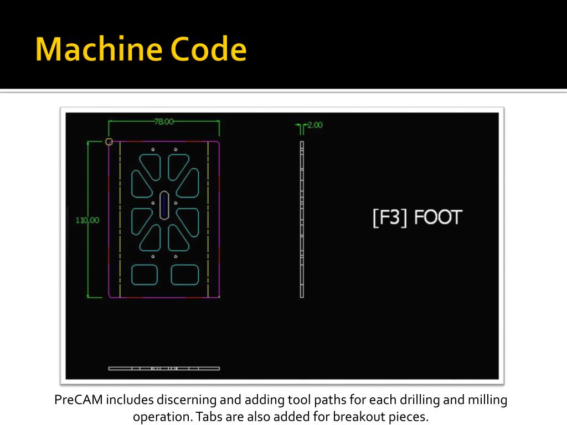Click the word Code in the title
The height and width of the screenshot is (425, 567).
[209, 50]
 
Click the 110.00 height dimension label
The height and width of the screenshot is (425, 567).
[87, 220]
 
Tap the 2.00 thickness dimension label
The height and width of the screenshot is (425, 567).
[314, 125]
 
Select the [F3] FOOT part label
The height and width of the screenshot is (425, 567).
[417, 217]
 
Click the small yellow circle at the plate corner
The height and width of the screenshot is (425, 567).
[109, 142]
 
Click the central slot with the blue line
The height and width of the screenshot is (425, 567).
[164, 206]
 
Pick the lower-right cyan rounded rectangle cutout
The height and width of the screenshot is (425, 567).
[184, 275]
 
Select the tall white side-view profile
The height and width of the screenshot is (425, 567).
[302, 219]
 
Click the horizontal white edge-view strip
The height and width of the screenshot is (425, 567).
[164, 368]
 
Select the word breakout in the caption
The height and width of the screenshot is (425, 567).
[355, 416]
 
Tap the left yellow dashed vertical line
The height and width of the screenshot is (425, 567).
[120, 219]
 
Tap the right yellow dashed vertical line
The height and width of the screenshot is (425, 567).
[208, 219]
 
